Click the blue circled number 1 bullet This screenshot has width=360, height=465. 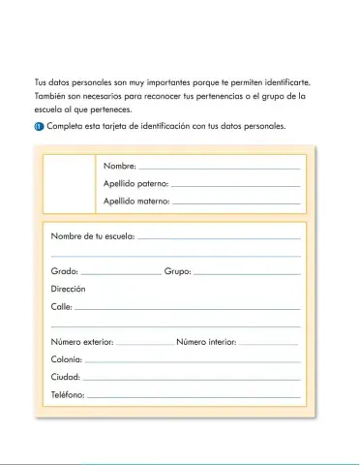click(x=39, y=128)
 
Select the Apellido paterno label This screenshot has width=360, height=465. click(x=135, y=184)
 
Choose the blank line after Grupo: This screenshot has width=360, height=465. click(x=247, y=273)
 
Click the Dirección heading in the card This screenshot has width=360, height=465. click(x=69, y=290)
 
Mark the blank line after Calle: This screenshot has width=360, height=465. click(x=187, y=308)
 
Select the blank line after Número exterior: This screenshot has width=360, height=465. click(x=145, y=343)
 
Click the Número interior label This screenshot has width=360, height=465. click(x=206, y=342)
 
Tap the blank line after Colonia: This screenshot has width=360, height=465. click(x=192, y=360)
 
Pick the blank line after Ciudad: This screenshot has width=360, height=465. click(x=191, y=378)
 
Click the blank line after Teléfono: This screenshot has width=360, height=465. click(x=194, y=396)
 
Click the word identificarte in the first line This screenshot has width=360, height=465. click(x=291, y=83)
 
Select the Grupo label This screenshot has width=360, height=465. click(x=178, y=272)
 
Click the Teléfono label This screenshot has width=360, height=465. click(x=68, y=395)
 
